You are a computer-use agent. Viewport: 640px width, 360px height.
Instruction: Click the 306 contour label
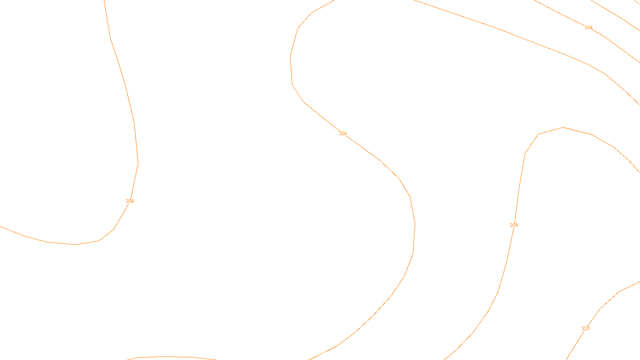(343, 134)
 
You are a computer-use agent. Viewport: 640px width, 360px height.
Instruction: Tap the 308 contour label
(514, 225)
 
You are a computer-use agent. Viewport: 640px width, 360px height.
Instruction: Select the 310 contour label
(585, 328)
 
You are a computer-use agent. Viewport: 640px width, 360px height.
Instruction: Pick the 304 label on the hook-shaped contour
(130, 201)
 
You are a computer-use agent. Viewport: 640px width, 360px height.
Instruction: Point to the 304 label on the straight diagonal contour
(588, 28)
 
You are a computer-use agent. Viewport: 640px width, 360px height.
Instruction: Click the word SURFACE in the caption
(320, 353)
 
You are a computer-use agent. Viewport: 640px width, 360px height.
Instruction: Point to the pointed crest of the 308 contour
(563, 127)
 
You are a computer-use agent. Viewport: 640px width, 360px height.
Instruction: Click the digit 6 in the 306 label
(346, 134)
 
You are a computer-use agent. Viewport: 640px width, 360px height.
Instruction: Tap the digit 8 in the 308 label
(516, 225)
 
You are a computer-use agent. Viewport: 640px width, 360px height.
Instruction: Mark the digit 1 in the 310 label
(585, 328)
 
